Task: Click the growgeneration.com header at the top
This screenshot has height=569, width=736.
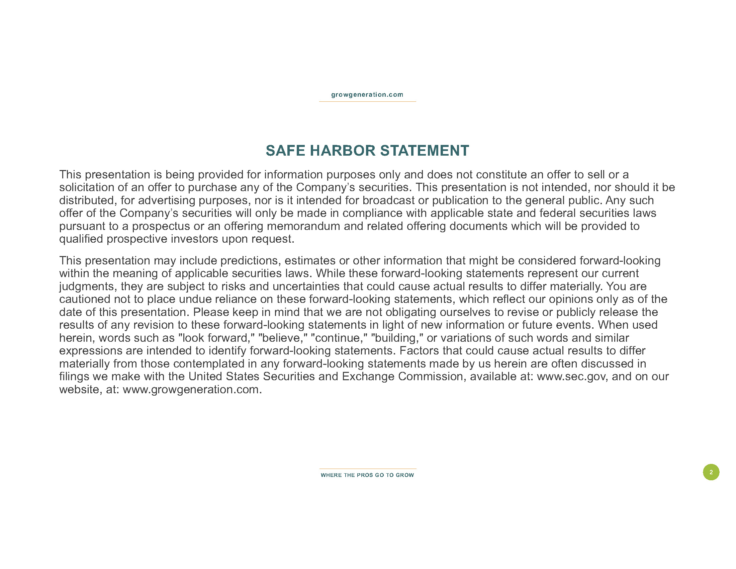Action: point(367,95)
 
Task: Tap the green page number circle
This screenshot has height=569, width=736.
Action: point(711,472)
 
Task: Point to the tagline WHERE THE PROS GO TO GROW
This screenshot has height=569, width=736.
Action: point(367,475)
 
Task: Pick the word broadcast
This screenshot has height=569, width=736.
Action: point(388,200)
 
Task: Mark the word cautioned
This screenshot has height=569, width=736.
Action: point(85,299)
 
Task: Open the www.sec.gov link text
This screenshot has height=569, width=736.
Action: point(572,377)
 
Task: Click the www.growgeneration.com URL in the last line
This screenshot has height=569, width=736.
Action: point(192,390)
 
